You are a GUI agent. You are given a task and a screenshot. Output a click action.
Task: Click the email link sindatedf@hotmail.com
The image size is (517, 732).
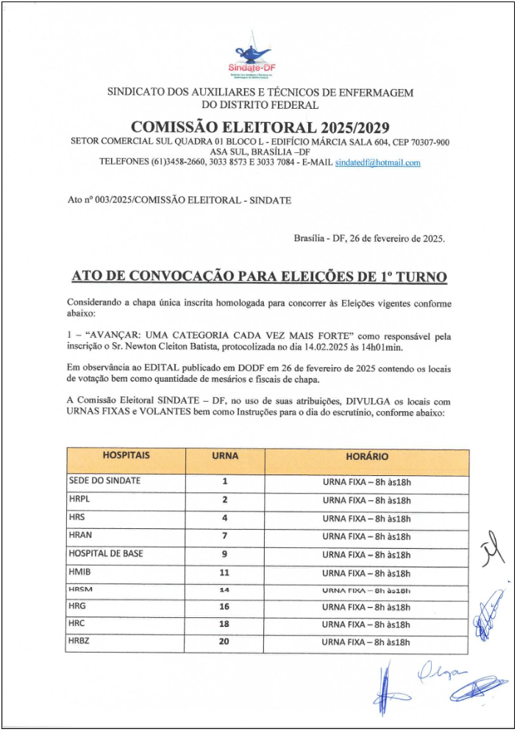coord(377,163)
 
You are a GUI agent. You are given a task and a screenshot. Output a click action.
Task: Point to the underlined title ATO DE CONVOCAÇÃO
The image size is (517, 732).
coord(259,277)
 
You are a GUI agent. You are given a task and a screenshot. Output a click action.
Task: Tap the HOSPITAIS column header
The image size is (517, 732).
coord(126,456)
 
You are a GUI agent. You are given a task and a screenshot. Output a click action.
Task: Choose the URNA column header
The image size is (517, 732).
coord(224,456)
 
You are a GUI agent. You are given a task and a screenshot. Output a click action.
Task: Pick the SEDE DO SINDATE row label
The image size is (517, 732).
coord(104,481)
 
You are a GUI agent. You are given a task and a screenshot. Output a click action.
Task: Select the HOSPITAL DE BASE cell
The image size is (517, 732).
coord(106,554)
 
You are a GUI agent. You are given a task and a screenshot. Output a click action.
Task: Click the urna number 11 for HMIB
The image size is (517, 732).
coord(224,572)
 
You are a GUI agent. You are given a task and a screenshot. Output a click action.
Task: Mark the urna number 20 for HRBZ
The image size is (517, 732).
coord(224,642)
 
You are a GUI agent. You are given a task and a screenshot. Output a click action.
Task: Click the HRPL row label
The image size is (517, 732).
coord(79,500)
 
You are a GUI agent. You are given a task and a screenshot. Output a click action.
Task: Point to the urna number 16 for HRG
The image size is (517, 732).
coord(224,607)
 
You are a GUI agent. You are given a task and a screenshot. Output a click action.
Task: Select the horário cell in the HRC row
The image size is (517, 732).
coord(366,625)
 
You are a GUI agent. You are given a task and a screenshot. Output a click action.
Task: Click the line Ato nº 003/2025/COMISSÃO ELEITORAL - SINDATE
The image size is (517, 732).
coord(179,199)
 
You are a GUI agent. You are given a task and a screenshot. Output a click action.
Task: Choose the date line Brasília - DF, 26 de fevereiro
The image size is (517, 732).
coord(369,238)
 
